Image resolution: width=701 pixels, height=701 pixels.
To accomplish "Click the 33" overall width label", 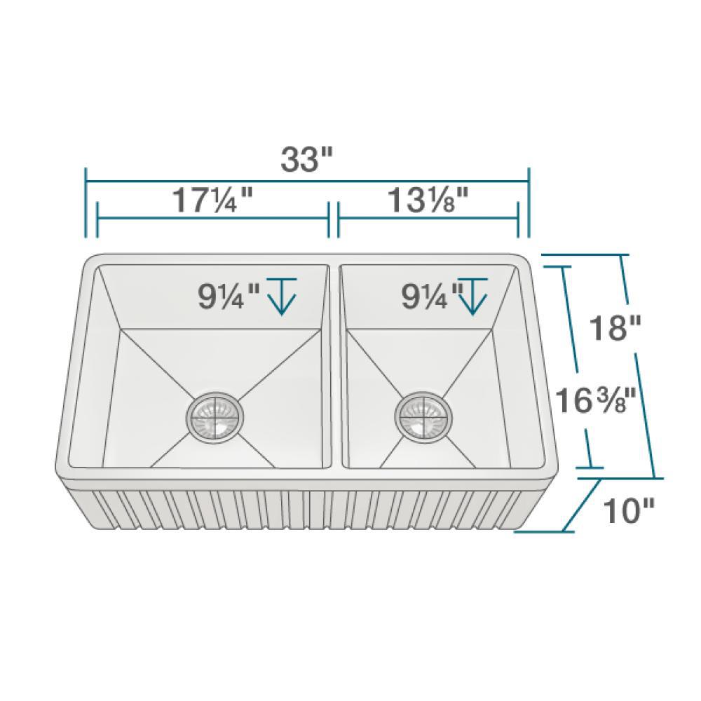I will pos(306,161).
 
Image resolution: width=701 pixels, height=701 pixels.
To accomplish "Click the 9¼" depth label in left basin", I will pos(229,297).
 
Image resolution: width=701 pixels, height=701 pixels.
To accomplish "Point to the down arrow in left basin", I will pos(281,295).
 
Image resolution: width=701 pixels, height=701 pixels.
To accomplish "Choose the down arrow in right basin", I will pos(474,295).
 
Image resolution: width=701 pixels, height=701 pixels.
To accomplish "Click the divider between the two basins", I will pos(334,365).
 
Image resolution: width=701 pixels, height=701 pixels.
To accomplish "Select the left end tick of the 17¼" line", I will pos(97,219).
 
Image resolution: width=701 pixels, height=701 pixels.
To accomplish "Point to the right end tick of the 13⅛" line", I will pos(518,219).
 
